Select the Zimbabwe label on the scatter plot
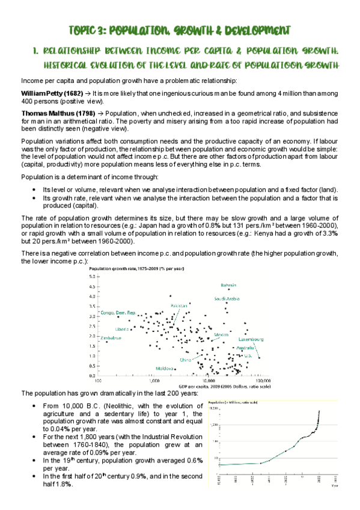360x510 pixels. coord(111,338)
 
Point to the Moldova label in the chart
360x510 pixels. coord(166,368)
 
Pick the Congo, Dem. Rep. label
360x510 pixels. coord(118,313)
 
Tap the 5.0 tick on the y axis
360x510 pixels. coord(93,276)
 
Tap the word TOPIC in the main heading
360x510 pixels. coord(84,30)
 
